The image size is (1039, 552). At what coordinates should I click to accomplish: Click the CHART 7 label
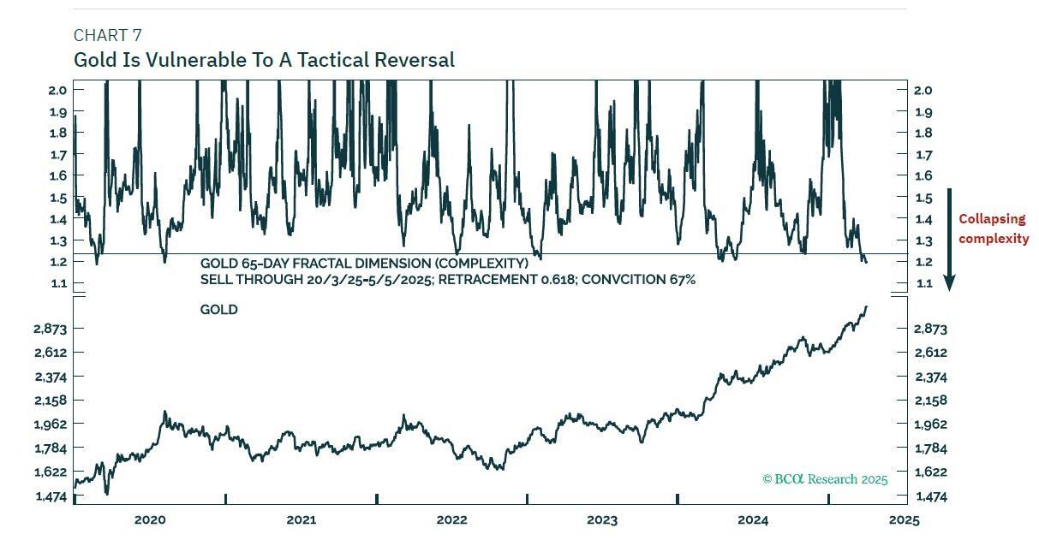(108, 35)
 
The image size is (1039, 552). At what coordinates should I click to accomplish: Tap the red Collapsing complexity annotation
(993, 229)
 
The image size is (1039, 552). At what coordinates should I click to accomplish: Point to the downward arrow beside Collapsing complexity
(949, 240)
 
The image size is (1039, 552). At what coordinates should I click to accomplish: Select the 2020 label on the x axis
(150, 520)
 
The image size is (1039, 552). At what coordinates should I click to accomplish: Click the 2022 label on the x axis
(451, 520)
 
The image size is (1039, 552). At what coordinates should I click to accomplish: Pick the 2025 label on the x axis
(904, 520)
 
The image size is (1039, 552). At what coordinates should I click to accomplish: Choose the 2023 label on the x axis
(602, 520)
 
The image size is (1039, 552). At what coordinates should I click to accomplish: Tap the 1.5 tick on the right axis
(923, 198)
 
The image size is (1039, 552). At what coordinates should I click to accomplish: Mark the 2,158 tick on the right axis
(930, 401)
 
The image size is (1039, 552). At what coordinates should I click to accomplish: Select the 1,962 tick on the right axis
(930, 424)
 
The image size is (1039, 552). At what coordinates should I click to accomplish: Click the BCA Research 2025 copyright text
(825, 479)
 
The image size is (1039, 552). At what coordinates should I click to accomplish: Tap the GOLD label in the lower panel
(219, 310)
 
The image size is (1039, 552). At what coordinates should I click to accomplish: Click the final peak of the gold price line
(866, 306)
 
